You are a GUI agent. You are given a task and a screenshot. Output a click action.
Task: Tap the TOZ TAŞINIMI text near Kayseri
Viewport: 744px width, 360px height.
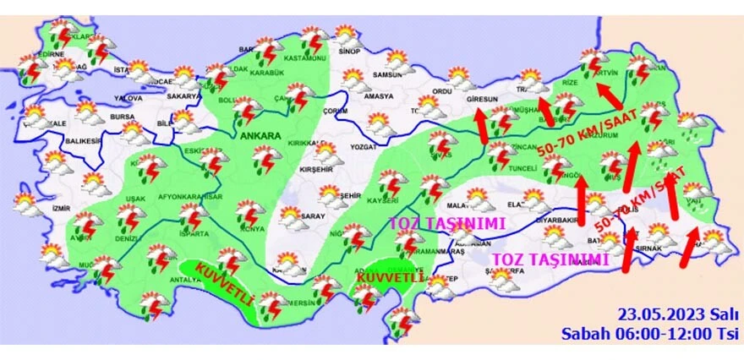click(x=446, y=224)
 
